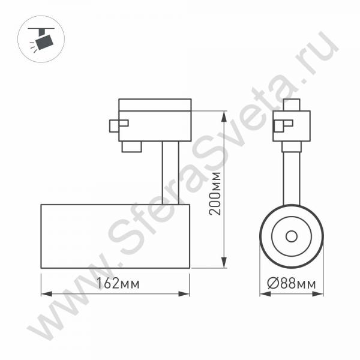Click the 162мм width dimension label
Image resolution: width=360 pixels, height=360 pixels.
point(118,283)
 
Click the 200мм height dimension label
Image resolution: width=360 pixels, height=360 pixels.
point(215,194)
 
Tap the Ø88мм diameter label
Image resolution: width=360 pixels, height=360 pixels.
point(292,283)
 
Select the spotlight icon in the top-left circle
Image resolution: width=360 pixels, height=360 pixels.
point(42,39)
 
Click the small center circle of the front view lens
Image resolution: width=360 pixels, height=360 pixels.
point(292,236)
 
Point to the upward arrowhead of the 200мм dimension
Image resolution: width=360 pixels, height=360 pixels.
point(224,116)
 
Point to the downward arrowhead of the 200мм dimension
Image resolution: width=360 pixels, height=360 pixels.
point(224,263)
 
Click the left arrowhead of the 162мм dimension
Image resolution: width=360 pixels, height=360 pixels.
point(47,294)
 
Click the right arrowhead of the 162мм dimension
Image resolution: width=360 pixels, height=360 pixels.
point(184,294)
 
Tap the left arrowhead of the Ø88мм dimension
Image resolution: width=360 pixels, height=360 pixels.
point(265,294)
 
